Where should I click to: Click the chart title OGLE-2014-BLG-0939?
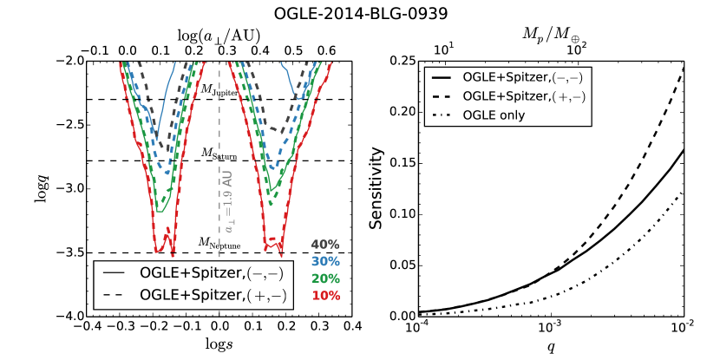point(360,14)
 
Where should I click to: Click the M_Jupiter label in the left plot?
point(219,90)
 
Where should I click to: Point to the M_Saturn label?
point(219,153)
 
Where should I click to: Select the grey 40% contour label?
point(325,245)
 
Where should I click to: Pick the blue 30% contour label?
point(325,260)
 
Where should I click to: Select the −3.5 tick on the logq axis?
point(68,252)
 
